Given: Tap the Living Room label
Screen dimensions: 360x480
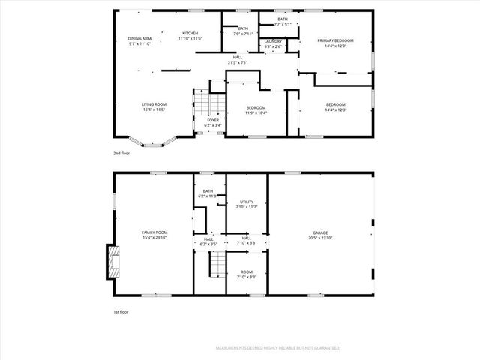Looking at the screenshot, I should pos(154,106).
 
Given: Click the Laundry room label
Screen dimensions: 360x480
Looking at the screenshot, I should pos(273,44).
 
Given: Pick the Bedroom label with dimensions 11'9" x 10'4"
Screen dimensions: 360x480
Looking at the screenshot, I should pos(256,110).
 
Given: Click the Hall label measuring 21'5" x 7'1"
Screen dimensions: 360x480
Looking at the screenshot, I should pos(238,60).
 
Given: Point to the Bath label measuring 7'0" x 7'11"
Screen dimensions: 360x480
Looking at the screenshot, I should pos(243,31).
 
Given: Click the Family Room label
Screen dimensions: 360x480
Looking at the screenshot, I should pos(154,235).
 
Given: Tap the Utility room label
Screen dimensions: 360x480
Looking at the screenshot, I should pos(247,204).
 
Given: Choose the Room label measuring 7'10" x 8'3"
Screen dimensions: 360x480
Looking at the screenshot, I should pos(247,274).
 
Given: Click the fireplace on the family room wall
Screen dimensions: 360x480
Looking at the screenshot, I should pos(113,261).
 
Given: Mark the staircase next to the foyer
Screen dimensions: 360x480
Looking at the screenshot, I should pos(210,103).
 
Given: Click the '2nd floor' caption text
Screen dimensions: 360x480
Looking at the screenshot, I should pos(121,153).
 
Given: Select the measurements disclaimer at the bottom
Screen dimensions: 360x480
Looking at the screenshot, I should pos(278,348).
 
